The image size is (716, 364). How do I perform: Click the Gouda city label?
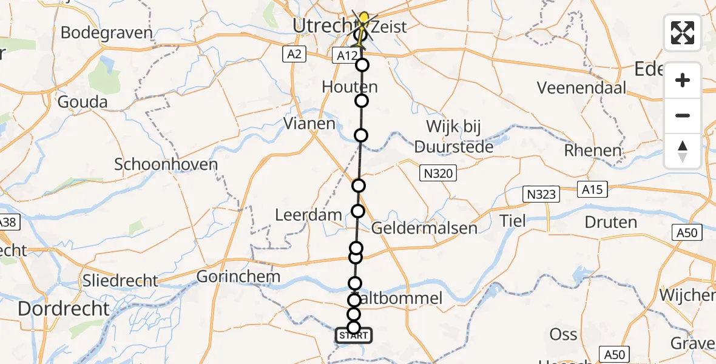point(83,102)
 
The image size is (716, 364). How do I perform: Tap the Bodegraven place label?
point(106,33)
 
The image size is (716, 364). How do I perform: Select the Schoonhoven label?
point(157,164)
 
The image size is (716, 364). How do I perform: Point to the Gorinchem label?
point(238,277)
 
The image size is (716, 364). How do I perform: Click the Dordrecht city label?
point(63,309)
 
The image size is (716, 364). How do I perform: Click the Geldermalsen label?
point(424,228)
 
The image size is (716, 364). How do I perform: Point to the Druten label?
point(612,223)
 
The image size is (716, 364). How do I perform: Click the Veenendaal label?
point(581,88)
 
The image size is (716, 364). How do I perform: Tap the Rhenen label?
point(593,150)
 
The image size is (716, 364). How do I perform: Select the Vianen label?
point(309,124)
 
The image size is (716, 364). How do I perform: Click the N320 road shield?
point(437,174)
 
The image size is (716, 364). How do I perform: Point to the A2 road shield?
point(294,55)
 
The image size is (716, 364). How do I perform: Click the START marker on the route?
point(353,335)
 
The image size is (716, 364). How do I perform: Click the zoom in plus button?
point(683,80)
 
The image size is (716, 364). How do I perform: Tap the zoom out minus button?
point(683,115)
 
